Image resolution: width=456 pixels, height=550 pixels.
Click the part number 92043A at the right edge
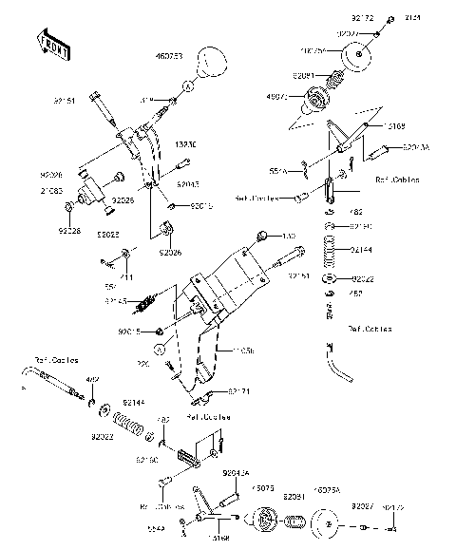pos(416,148)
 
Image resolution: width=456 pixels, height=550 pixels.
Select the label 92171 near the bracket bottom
pos(239,390)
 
